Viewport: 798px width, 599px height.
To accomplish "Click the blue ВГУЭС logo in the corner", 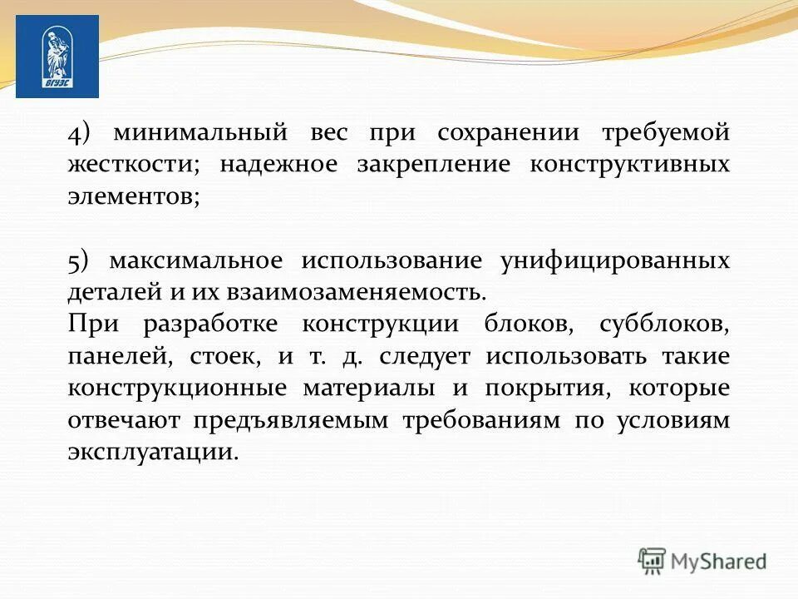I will (57, 57).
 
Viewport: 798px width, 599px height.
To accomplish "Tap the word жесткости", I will (133, 165).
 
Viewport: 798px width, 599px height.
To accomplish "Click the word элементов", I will (133, 196).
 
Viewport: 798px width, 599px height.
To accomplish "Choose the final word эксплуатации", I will (153, 452).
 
